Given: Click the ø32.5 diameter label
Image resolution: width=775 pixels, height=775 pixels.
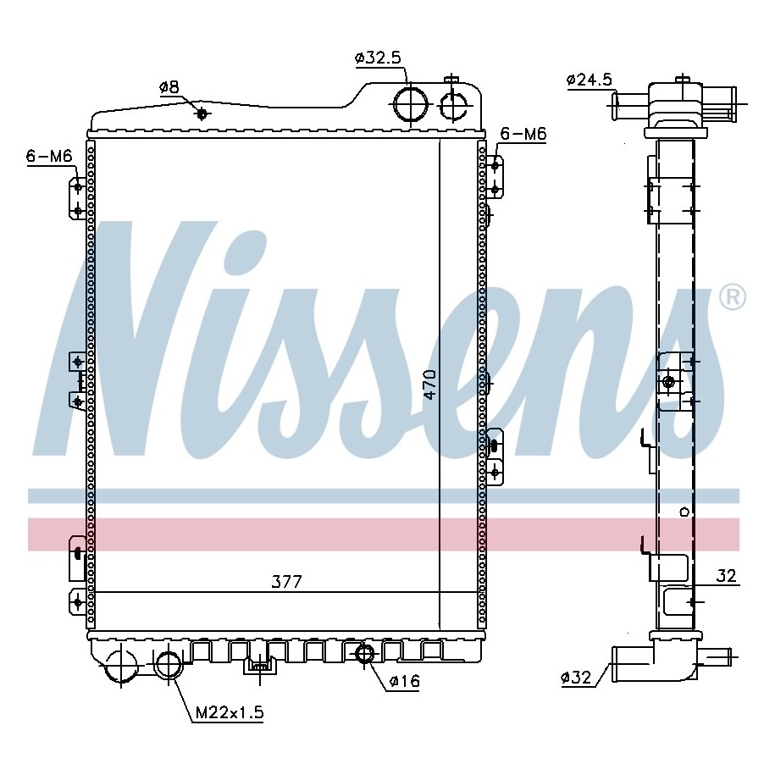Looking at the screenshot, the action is (x=378, y=58).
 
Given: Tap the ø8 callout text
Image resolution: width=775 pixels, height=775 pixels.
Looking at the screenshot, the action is (x=169, y=87).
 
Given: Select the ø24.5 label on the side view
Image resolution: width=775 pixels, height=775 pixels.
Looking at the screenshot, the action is (x=590, y=79).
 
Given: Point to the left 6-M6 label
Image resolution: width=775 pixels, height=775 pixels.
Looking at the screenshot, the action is (x=49, y=156).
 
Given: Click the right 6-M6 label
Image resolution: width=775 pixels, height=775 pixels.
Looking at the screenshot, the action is (x=523, y=134).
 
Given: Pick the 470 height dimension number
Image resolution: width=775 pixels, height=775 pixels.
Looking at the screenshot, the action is (x=430, y=384).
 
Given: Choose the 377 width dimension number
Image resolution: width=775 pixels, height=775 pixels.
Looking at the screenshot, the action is (x=286, y=582).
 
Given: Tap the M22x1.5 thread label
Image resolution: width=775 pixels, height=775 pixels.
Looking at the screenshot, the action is (x=230, y=712).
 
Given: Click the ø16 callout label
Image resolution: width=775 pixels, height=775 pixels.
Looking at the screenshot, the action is (x=404, y=681).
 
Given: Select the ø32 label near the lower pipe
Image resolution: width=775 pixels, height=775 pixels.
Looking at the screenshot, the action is (x=576, y=677).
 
